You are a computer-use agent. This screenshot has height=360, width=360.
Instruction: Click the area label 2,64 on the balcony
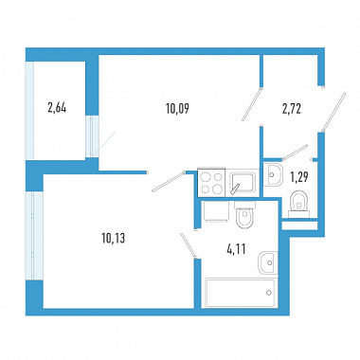(x=57, y=108)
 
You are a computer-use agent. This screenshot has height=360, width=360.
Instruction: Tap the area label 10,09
(x=177, y=109)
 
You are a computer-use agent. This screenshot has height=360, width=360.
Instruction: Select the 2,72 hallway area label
(x=291, y=109)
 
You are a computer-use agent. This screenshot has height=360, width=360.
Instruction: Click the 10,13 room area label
(x=114, y=238)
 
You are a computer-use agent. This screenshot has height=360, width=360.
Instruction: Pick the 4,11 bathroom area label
(x=236, y=250)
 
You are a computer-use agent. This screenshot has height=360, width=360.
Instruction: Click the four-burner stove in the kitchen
(x=211, y=183)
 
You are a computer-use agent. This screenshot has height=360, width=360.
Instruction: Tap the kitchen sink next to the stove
(x=243, y=183)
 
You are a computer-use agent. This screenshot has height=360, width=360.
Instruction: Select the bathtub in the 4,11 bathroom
(x=240, y=293)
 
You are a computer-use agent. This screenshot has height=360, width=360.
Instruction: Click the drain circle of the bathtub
(x=268, y=293)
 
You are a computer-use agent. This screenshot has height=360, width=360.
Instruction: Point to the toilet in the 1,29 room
(x=298, y=205)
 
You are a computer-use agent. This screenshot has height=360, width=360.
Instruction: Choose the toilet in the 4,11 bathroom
(x=244, y=215)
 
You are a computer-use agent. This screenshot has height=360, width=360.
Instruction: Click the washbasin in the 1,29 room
(x=272, y=174)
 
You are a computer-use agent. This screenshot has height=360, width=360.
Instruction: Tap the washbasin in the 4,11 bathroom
(x=268, y=262)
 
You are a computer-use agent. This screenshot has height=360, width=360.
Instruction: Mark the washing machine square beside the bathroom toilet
(x=217, y=211)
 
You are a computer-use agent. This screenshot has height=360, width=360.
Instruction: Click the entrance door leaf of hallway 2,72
(x=333, y=112)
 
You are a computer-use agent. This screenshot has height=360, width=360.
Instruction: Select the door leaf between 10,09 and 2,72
(x=252, y=104)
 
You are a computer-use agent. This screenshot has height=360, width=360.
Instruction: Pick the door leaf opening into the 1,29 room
(x=295, y=153)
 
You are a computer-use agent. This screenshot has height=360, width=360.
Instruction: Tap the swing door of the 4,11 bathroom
(x=189, y=245)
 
